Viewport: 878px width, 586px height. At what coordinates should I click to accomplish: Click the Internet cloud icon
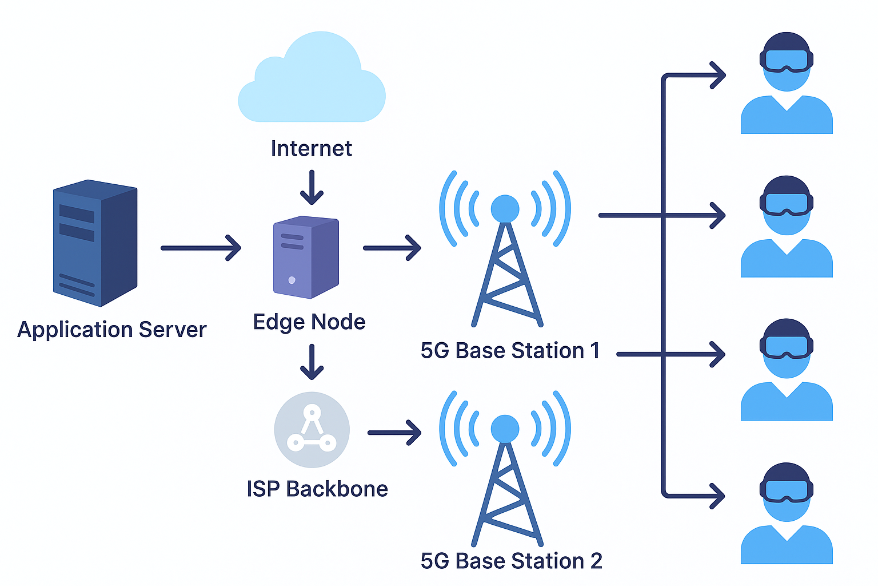(312, 80)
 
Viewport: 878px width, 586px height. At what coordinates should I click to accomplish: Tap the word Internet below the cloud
(311, 149)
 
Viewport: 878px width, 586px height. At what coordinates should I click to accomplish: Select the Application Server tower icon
(95, 243)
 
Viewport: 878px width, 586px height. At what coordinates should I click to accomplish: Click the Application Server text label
(112, 330)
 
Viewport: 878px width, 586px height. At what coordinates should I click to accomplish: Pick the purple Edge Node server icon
(306, 257)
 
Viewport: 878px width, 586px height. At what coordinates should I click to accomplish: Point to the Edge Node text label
(309, 322)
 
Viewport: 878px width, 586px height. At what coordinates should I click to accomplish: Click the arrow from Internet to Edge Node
(312, 187)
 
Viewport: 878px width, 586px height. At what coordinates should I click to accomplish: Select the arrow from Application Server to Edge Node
(201, 248)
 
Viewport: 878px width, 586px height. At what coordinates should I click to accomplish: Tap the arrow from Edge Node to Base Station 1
(392, 248)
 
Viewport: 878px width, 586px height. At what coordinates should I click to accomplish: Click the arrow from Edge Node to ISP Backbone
(312, 362)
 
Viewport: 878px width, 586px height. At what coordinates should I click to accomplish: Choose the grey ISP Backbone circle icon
(312, 430)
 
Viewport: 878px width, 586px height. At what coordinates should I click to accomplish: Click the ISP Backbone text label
(317, 489)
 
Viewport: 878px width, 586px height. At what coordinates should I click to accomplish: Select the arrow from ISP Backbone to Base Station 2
(394, 433)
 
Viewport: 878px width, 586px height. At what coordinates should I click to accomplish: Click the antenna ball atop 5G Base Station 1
(505, 208)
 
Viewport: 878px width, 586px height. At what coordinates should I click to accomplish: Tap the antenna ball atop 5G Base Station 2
(505, 429)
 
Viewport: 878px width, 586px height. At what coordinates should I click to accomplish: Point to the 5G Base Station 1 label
(510, 350)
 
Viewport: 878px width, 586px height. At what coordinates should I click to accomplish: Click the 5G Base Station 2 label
(511, 561)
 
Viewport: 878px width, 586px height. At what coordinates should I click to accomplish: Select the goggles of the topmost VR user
(787, 60)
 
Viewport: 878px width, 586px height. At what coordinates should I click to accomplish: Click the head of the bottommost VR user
(787, 492)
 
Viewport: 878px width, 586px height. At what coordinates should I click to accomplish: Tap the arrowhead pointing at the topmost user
(718, 75)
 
